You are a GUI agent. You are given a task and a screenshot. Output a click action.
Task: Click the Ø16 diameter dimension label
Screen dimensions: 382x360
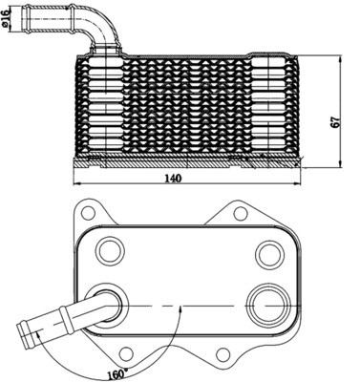[x=10, y=20]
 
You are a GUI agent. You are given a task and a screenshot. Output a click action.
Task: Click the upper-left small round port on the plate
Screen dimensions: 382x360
[x=112, y=251]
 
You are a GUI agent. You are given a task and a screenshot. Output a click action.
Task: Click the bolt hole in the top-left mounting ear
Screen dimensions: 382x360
[x=90, y=209]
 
